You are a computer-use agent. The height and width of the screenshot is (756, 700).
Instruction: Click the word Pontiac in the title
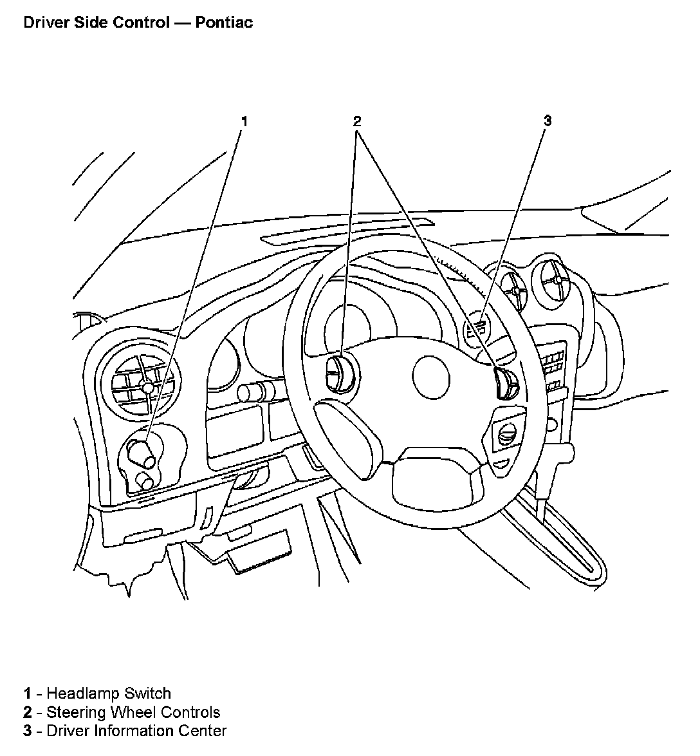coord(224,23)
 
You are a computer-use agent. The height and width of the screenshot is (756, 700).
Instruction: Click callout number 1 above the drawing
coord(244,121)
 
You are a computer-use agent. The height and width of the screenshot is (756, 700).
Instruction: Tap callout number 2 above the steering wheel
coord(357,121)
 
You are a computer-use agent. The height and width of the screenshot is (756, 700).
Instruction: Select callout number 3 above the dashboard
coord(548,120)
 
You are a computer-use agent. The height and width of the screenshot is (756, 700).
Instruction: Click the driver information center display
coord(477,326)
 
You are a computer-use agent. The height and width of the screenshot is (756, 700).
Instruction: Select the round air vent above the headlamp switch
coord(145,387)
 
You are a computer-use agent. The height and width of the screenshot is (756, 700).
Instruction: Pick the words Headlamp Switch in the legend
coord(109,694)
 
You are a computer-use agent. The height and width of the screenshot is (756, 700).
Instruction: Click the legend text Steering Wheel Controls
coord(133,712)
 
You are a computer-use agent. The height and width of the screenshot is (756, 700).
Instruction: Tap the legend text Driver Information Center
coord(136,731)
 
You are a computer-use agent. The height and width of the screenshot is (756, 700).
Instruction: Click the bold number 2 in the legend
coord(28,712)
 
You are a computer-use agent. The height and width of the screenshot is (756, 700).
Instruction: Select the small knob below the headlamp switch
coord(145,482)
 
